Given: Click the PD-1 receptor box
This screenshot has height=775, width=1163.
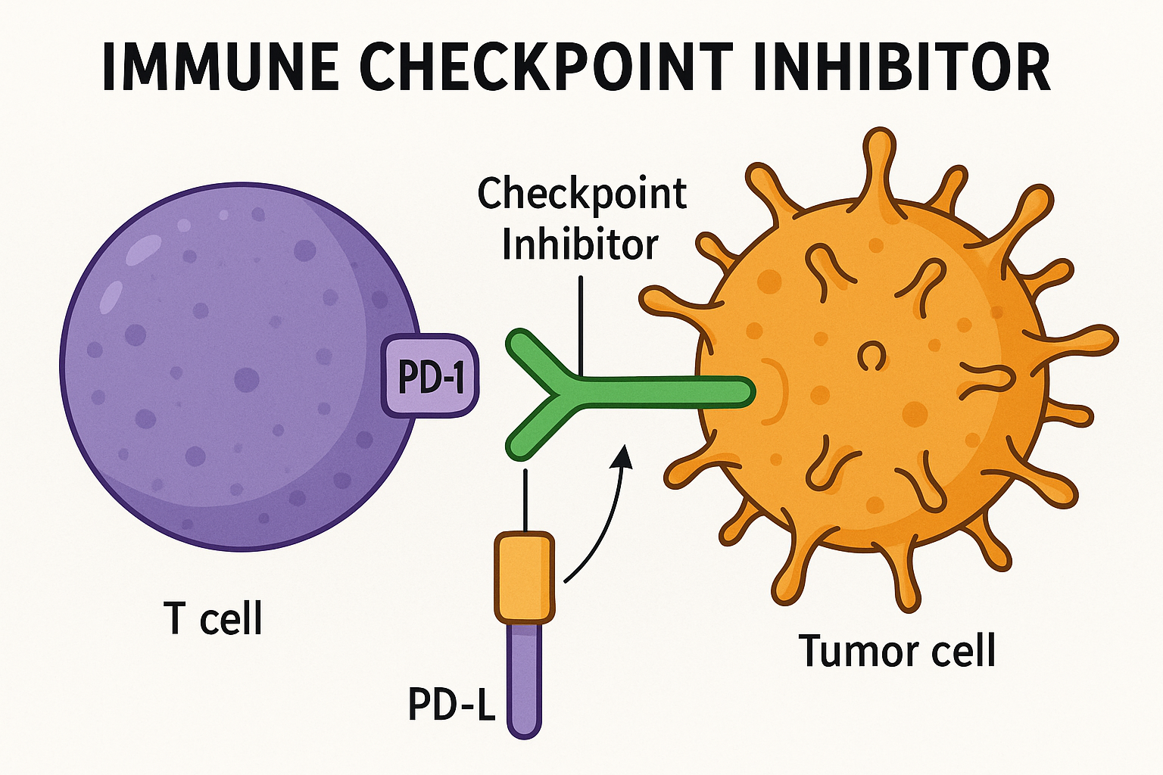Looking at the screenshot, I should coord(430,375).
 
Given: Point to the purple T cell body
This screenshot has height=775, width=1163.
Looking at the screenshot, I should coord(227,363).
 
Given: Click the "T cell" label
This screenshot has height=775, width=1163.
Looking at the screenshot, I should coord(213,618).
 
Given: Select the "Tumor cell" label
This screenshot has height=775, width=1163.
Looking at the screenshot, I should coord(896,651).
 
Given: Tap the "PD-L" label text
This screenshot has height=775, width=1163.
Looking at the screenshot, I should coord(451,705).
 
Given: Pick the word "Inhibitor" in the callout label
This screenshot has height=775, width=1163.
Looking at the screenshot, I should coord(580,244).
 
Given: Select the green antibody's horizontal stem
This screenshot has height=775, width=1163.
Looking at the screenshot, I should coord(659,391).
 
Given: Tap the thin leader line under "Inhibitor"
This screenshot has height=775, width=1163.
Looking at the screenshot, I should coord(580,325).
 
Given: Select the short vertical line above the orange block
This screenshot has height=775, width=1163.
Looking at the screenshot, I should coord(524,500).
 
